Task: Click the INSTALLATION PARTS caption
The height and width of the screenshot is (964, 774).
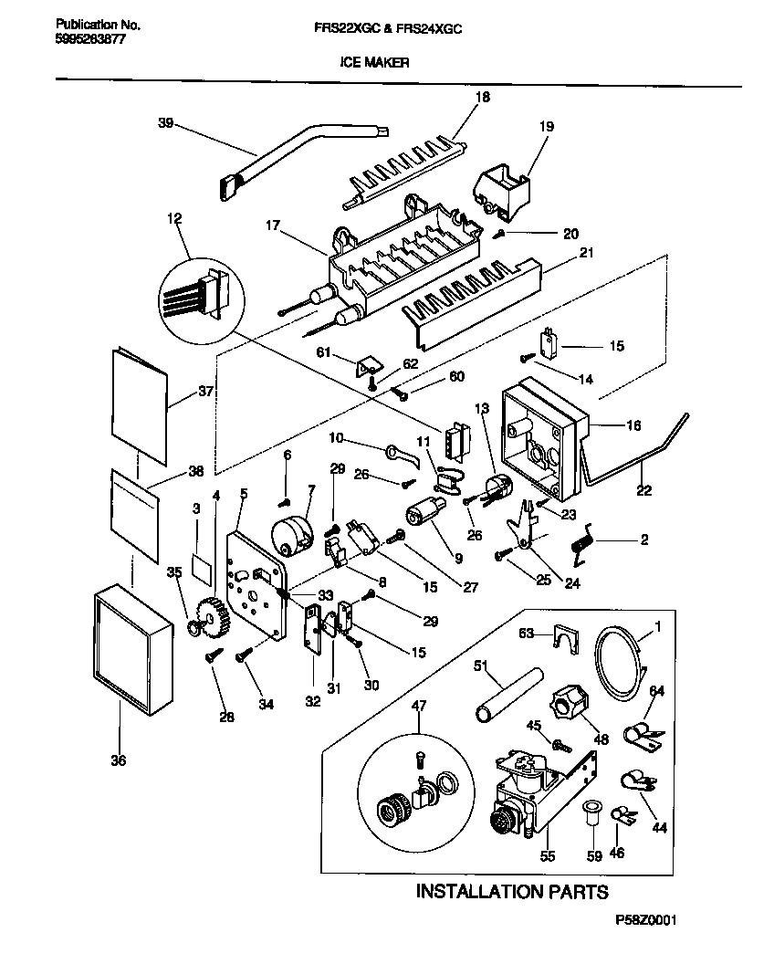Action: (x=512, y=891)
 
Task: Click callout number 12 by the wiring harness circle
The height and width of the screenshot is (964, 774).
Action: (x=174, y=218)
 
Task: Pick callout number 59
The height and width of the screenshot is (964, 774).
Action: (x=594, y=856)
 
